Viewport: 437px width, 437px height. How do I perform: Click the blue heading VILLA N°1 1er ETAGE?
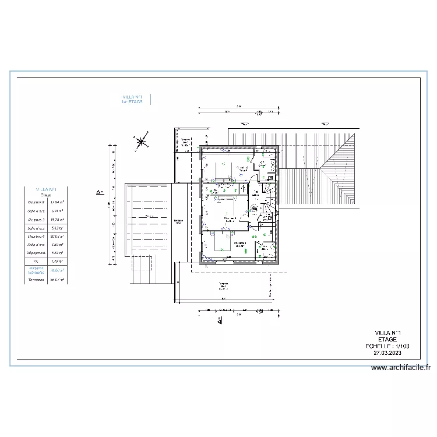[x=132, y=99]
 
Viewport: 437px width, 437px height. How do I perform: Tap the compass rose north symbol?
[x=140, y=140]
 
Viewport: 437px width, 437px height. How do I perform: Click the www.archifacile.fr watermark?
[x=401, y=368]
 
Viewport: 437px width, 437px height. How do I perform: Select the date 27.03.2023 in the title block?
[x=387, y=353]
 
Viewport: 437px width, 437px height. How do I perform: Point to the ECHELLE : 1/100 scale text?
[x=387, y=346]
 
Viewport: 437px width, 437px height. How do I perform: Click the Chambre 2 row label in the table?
[x=36, y=202]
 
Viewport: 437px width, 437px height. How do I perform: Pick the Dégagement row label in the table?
[x=36, y=253]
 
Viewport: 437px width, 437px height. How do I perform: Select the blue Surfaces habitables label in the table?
[x=36, y=271]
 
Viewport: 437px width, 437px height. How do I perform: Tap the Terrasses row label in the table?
[x=36, y=280]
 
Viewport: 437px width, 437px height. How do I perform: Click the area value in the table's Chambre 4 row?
[x=57, y=237]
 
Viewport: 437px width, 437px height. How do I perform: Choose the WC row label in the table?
[x=36, y=262]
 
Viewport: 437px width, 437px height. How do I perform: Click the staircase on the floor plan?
[x=269, y=201]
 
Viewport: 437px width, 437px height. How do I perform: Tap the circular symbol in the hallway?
[x=255, y=210]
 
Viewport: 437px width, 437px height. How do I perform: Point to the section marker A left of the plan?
[x=100, y=191]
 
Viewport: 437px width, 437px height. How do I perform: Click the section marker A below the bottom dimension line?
[x=219, y=320]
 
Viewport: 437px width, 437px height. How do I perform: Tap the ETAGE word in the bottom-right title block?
[x=387, y=339]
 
